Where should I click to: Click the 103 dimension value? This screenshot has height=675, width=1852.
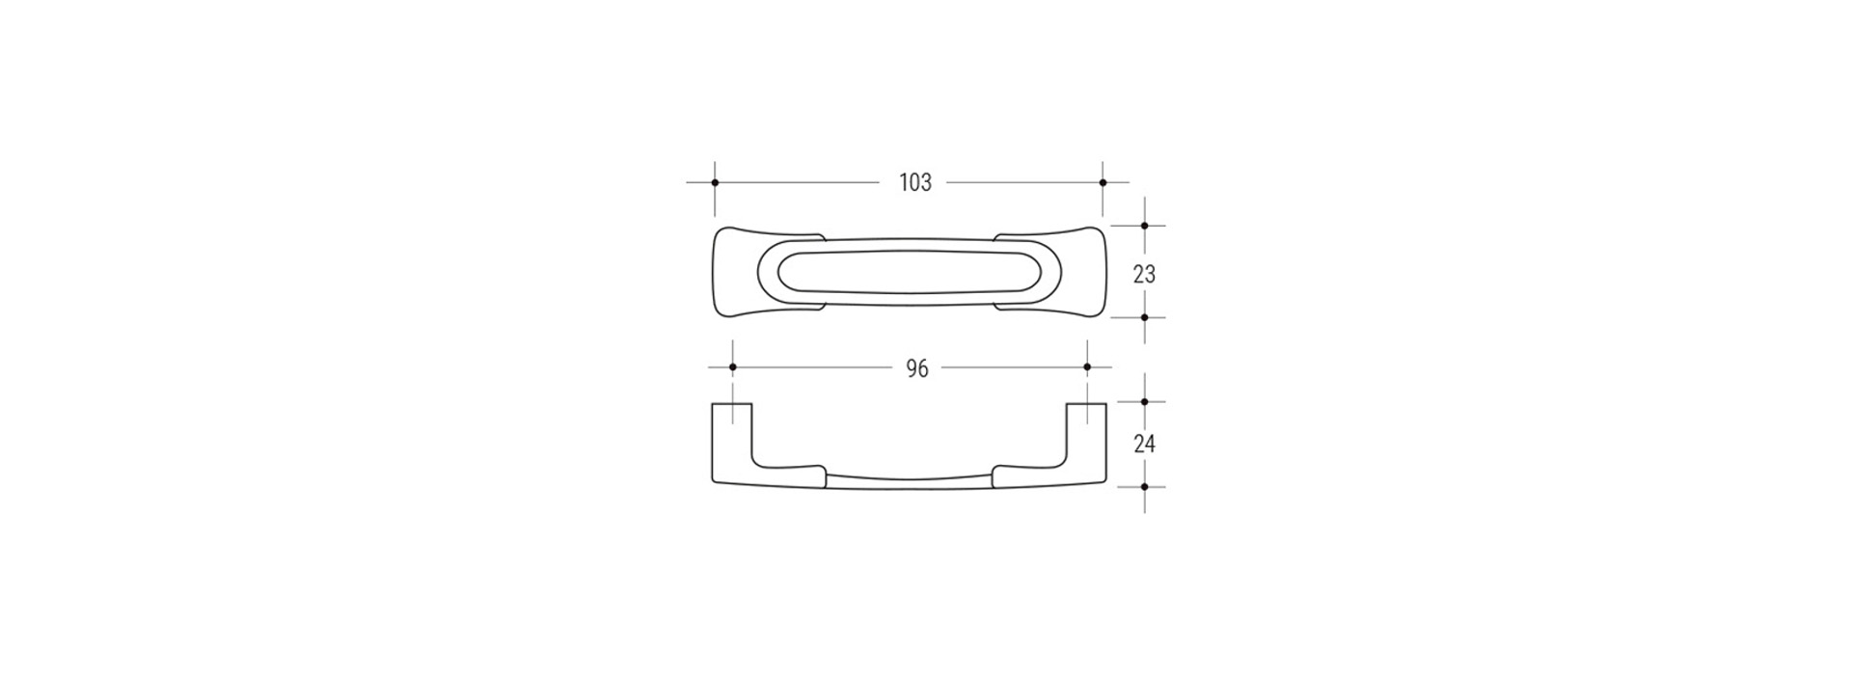click(x=915, y=182)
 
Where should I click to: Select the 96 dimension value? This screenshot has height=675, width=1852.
click(x=917, y=368)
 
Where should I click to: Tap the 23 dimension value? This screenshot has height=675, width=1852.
click(x=1144, y=275)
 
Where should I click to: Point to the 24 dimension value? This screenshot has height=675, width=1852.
click(x=1144, y=445)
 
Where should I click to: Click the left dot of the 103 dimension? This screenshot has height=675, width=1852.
click(x=715, y=182)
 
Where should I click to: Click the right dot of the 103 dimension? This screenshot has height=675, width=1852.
click(x=1103, y=182)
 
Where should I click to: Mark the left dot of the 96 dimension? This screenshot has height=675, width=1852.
click(x=733, y=367)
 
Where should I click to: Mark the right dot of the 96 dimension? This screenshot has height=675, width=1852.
click(x=1087, y=367)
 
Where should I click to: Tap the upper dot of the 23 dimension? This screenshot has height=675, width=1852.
click(x=1145, y=226)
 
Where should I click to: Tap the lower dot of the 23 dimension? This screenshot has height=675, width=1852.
click(x=1145, y=317)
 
